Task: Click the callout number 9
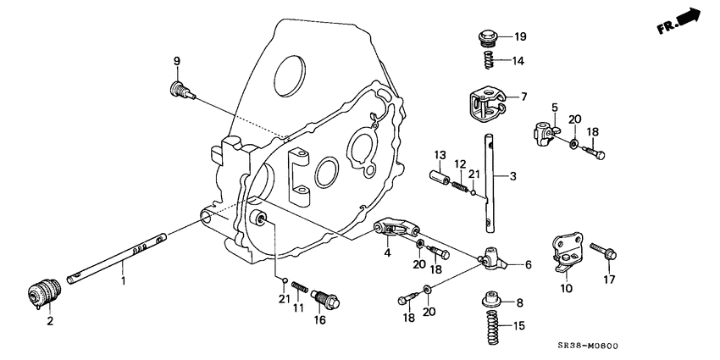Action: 177,60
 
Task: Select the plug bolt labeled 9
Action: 179,89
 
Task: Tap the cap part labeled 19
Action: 488,38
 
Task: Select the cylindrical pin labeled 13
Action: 439,181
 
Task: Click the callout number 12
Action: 459,163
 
